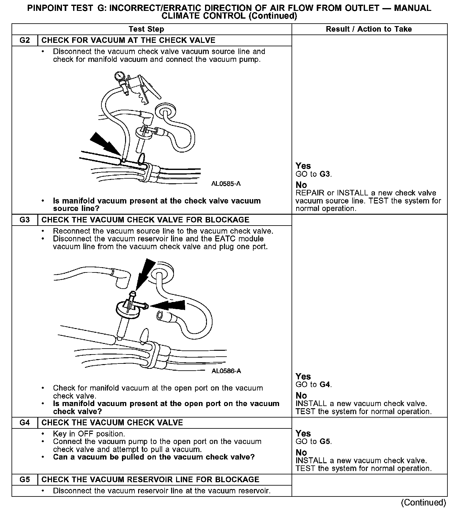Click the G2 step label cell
[25, 40]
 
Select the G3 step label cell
[25, 220]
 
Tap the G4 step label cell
[25, 423]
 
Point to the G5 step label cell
[25, 480]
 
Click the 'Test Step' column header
[146, 29]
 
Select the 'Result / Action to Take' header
[369, 29]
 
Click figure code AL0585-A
[226, 184]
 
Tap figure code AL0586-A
[226, 371]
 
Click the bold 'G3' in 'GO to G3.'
[325, 174]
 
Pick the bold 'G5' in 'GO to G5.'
[325, 441]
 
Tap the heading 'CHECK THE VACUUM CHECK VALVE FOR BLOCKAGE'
[145, 220]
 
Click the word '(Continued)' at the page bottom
[423, 502]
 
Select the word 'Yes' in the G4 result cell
[303, 433]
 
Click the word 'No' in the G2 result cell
[301, 185]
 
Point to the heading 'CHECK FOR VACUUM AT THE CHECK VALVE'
[128, 40]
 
